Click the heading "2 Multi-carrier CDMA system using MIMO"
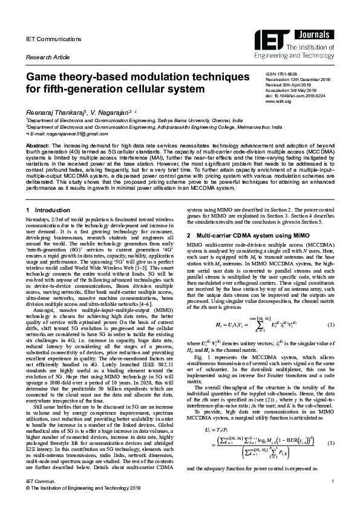[245, 234]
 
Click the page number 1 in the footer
[333, 481]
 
